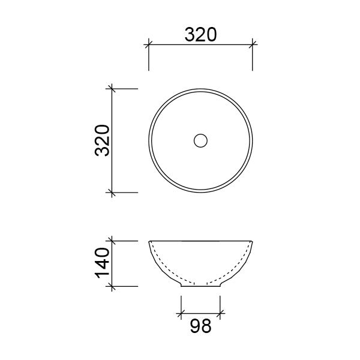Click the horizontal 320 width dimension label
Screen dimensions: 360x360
coord(200,35)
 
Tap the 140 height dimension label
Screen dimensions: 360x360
coord(101,263)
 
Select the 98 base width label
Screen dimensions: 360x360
coord(200,328)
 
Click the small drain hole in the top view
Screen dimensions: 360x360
coord(200,140)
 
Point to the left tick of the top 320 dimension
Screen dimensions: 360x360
coord(149,43)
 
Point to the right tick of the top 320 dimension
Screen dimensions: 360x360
coord(253,43)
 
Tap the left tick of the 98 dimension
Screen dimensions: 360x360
coord(181,313)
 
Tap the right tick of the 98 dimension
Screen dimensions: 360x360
coord(220,313)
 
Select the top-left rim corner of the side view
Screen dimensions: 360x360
coord(149,241)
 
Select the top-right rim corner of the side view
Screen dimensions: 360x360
coord(253,241)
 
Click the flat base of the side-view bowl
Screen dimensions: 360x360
coord(200,286)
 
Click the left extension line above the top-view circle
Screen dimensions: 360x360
coord(149,60)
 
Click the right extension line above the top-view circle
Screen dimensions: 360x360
coord(253,60)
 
